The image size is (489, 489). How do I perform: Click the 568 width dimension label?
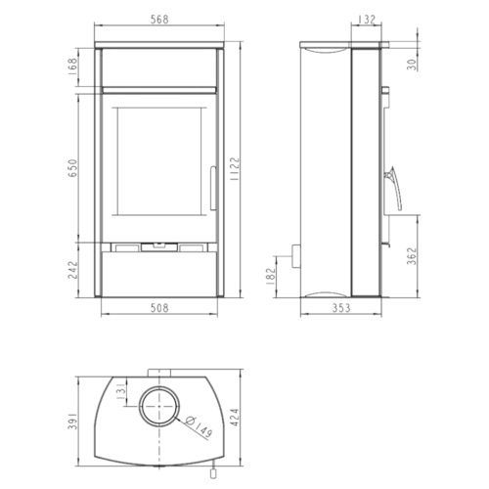[159, 20]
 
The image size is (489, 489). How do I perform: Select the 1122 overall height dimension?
[235, 169]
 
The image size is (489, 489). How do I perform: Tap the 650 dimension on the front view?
[73, 168]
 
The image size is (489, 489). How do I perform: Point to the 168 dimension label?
[73, 67]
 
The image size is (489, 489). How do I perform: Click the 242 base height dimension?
[73, 270]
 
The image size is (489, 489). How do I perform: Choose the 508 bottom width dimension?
[159, 307]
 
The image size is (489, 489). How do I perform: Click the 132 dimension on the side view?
[367, 20]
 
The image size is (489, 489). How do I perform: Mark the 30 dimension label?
[413, 65]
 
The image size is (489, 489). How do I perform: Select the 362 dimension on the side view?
[413, 256]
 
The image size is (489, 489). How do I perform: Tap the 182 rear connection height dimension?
[271, 277]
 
